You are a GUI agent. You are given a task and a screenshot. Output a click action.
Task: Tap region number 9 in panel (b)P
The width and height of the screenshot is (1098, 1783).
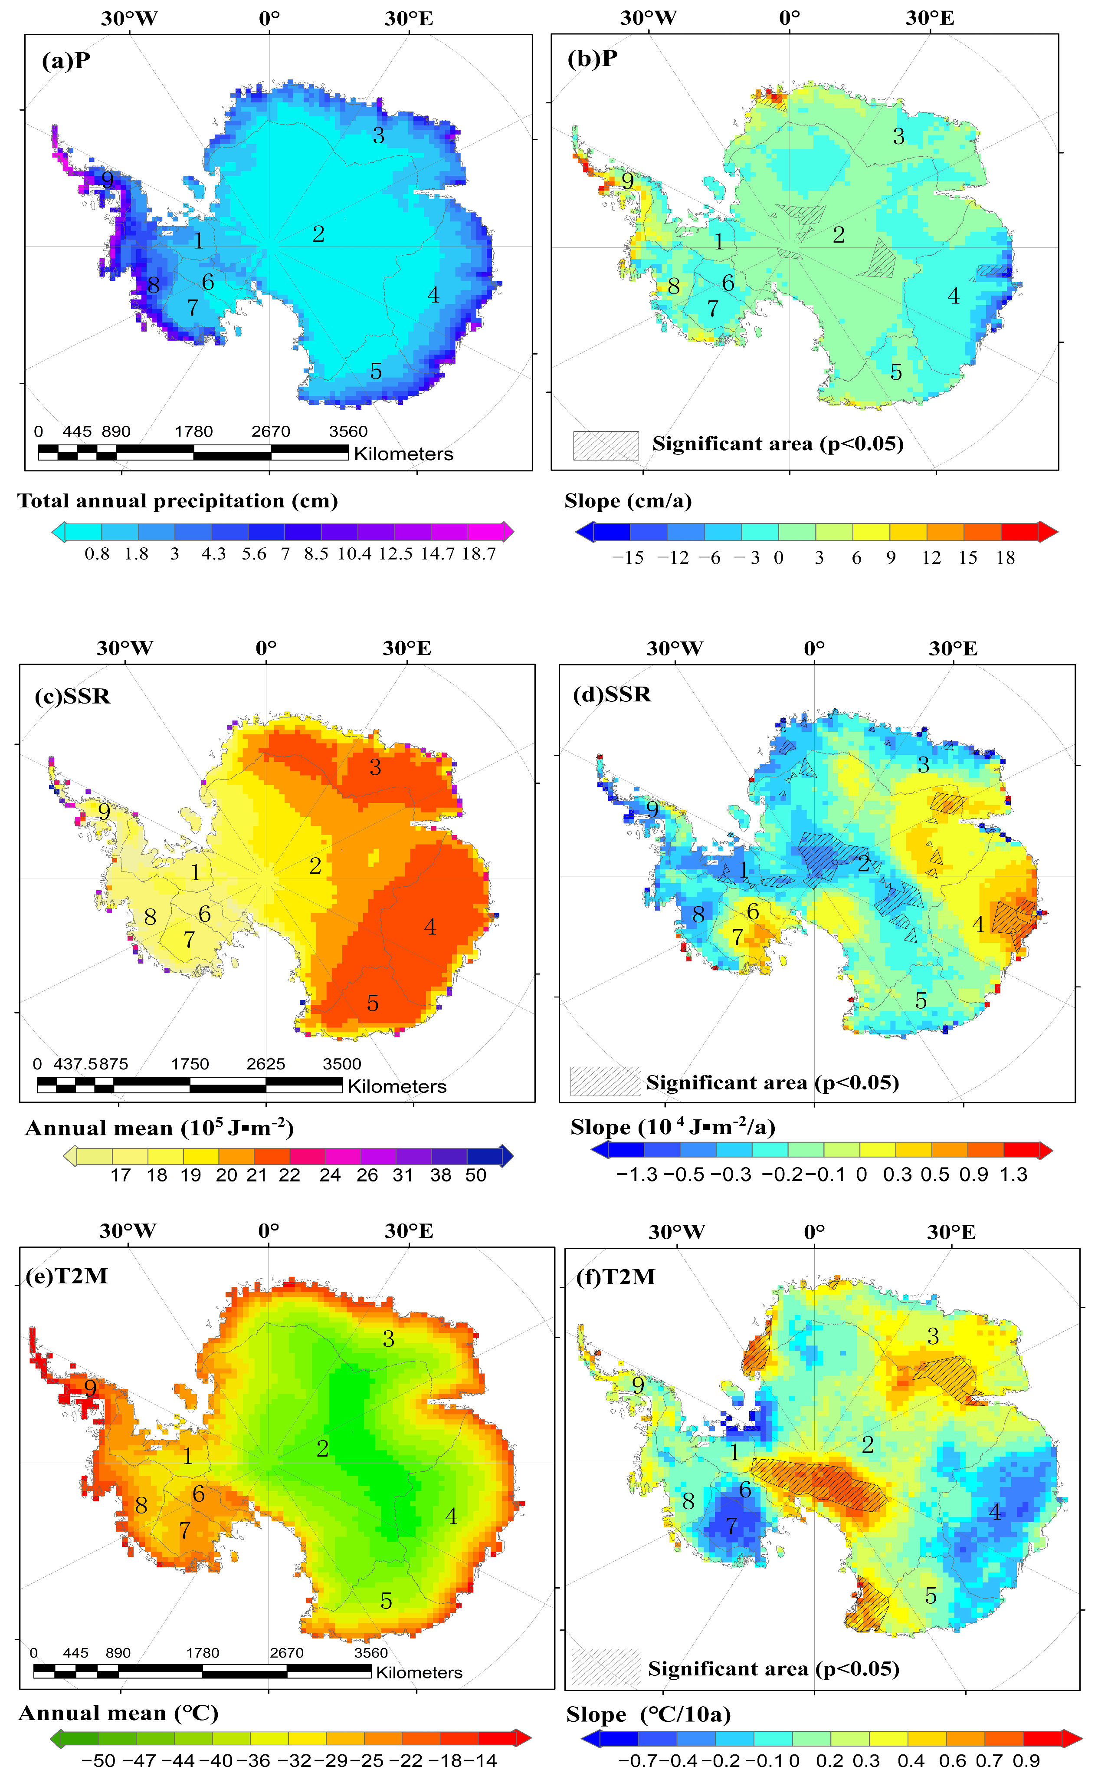pos(627,180)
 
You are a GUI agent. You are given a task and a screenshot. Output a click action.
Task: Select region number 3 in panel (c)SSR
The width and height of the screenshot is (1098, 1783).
pos(375,767)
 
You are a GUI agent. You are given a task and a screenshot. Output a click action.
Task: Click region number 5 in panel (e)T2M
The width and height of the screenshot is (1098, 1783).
pos(387,1601)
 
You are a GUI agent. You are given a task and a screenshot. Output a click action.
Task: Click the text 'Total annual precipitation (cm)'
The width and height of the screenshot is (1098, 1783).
pos(178,500)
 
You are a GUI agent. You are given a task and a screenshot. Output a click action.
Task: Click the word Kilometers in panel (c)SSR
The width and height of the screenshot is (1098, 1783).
pos(397,1086)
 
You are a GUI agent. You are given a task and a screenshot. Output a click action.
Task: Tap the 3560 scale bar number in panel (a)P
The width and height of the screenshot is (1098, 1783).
pos(348,431)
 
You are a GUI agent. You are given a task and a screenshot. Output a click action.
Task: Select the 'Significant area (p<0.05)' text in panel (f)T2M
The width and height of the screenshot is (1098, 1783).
pos(774,1669)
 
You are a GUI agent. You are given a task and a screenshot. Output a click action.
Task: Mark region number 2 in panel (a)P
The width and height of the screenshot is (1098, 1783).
pos(318,234)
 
